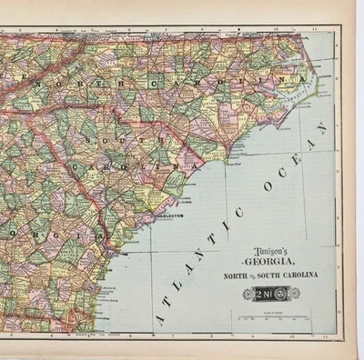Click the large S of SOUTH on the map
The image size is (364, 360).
coord(88,143)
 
